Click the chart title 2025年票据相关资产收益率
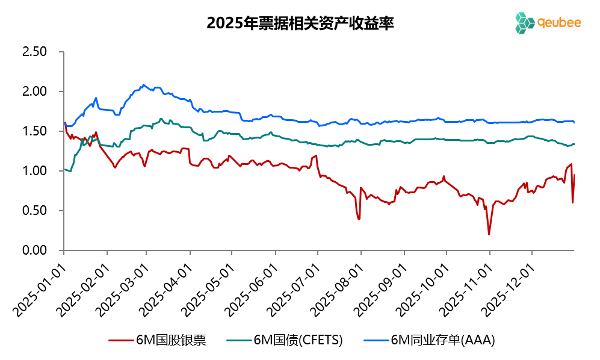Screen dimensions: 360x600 click(x=300, y=23)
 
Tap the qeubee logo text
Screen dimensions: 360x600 click(x=559, y=22)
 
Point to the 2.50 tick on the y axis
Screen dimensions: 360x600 click(x=34, y=52)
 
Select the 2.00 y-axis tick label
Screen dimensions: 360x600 click(x=34, y=92)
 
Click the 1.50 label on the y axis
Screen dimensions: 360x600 click(x=34, y=131)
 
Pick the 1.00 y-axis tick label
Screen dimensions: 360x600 click(x=34, y=171)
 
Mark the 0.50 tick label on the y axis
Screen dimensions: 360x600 click(x=34, y=211)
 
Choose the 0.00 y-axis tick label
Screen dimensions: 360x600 click(x=34, y=250)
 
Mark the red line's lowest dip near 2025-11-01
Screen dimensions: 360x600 click(x=489, y=234)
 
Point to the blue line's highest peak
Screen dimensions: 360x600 click(x=143, y=84)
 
